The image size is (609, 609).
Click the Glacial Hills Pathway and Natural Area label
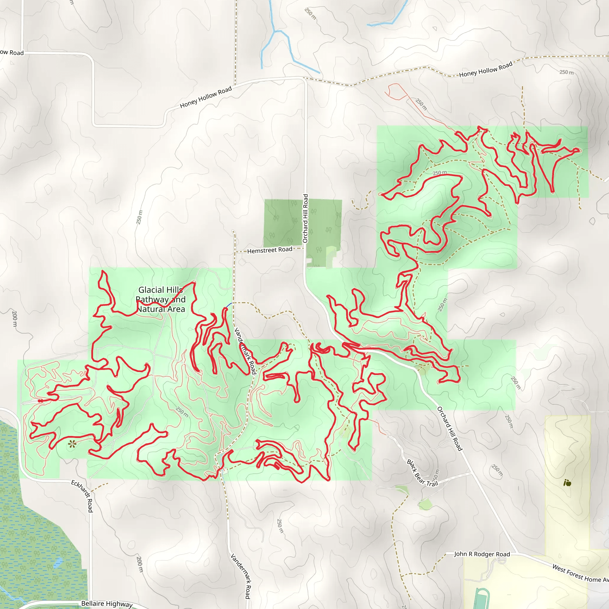(x=161, y=299)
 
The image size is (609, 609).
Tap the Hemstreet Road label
(x=269, y=250)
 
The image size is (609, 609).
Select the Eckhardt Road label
(x=83, y=496)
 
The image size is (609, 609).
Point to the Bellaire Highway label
(x=107, y=603)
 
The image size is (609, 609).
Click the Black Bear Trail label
(x=422, y=473)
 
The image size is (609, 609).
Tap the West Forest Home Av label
(x=580, y=574)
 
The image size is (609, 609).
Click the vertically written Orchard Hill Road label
(x=305, y=219)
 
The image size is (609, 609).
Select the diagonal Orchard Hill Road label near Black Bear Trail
(x=450, y=429)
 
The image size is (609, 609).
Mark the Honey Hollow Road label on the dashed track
(x=485, y=70)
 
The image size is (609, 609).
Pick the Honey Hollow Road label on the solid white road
(x=206, y=97)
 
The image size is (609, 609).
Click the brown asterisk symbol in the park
(x=72, y=445)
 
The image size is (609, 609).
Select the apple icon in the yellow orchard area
(x=567, y=483)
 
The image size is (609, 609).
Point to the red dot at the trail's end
(x=40, y=401)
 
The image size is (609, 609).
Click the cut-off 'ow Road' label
(x=12, y=52)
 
